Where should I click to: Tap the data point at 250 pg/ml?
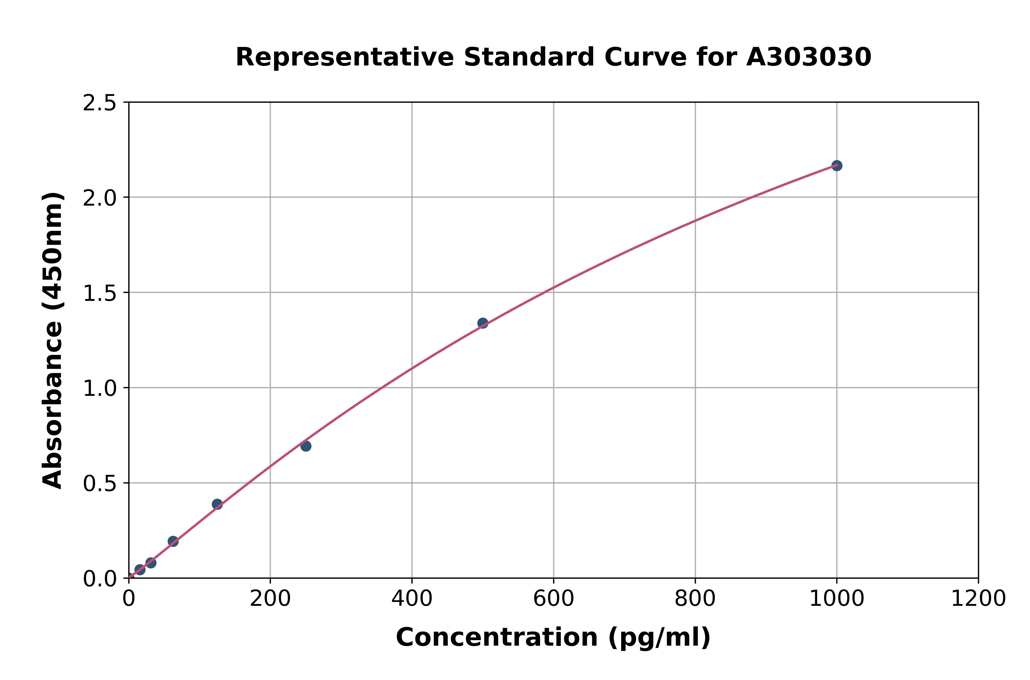point(306,446)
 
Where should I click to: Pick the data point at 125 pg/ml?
point(217,504)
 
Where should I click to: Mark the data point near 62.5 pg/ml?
point(173,541)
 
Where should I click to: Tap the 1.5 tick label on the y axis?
point(100,293)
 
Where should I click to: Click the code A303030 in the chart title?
point(808,57)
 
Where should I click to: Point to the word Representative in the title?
point(345,57)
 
